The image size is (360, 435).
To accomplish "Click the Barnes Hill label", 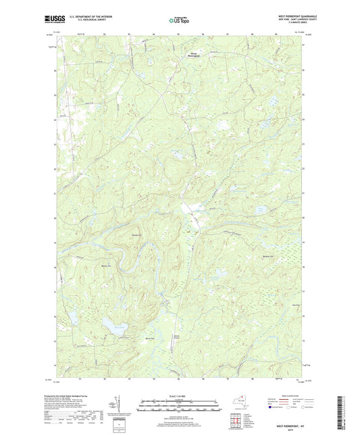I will (136, 236).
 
